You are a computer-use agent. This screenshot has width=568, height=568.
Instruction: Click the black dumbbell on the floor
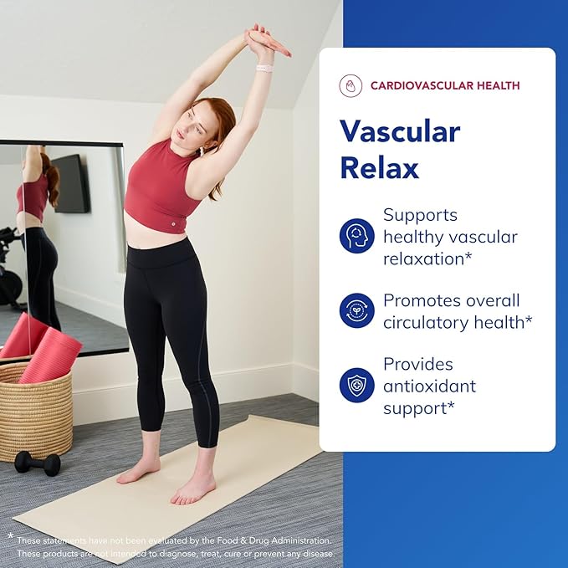pyautogui.click(x=38, y=463)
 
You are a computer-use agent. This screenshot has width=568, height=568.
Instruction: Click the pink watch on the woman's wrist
pyautogui.click(x=264, y=68)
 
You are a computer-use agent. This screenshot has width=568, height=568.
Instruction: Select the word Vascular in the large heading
pyautogui.click(x=400, y=131)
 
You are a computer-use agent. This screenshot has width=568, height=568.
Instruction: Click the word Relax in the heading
pyautogui.click(x=379, y=167)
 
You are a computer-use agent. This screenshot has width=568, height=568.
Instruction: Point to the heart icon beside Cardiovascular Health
pyautogui.click(x=351, y=86)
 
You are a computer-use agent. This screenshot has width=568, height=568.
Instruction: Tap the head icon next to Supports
pyautogui.click(x=357, y=236)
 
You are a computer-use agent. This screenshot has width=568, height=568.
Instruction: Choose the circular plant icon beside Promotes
pyautogui.click(x=357, y=310)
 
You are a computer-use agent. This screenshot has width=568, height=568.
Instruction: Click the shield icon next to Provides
pyautogui.click(x=357, y=385)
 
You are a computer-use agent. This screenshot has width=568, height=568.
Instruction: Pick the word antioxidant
pyautogui.click(x=429, y=386)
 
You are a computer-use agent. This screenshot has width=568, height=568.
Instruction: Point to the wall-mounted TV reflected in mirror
pyautogui.click(x=71, y=183)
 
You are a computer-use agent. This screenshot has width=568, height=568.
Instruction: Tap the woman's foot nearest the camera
pyautogui.click(x=192, y=489)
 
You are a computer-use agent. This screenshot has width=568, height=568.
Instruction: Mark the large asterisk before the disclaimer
pyautogui.click(x=11, y=536)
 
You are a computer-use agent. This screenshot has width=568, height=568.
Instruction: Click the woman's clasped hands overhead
pyautogui.click(x=266, y=42)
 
